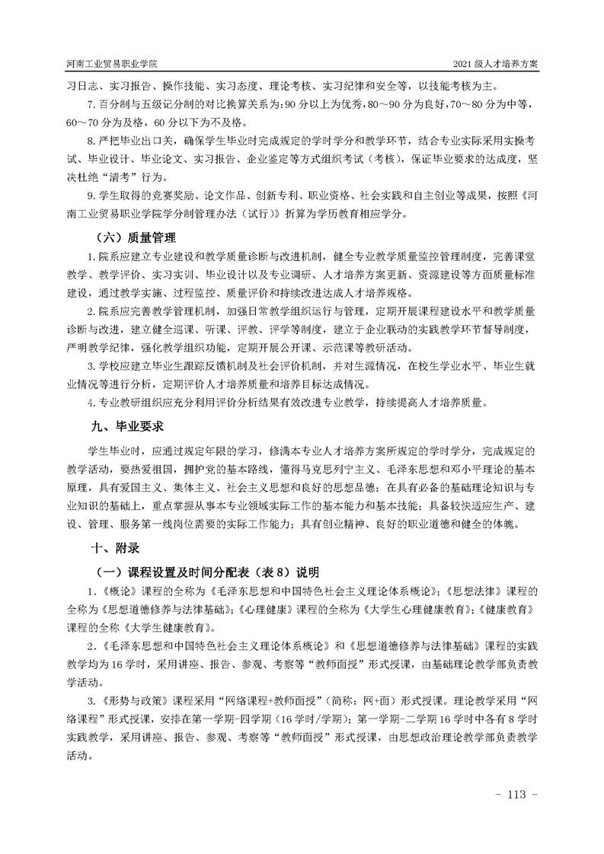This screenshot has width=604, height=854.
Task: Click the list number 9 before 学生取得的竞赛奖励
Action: [91, 196]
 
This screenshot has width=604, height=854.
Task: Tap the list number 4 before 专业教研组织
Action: [91, 401]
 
